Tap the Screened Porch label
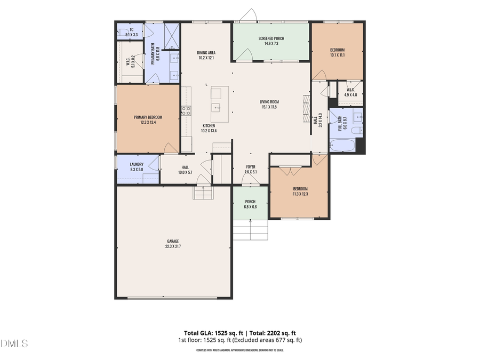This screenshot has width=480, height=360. [271, 38]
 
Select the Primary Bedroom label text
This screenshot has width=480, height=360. [148, 117]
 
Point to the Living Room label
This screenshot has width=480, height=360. [269, 102]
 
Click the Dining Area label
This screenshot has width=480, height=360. [206, 52]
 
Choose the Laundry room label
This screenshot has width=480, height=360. [137, 164]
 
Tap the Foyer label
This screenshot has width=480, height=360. [251, 167]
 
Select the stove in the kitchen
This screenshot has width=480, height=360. [186, 111]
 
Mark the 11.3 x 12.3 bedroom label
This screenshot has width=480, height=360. [300, 191]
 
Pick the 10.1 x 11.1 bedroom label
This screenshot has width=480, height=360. [337, 52]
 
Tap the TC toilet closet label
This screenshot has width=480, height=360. [131, 32]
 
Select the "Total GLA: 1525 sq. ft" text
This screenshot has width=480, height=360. [210, 332]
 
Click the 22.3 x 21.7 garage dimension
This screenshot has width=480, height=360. [172, 246]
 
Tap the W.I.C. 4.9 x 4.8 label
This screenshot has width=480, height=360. [350, 92]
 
